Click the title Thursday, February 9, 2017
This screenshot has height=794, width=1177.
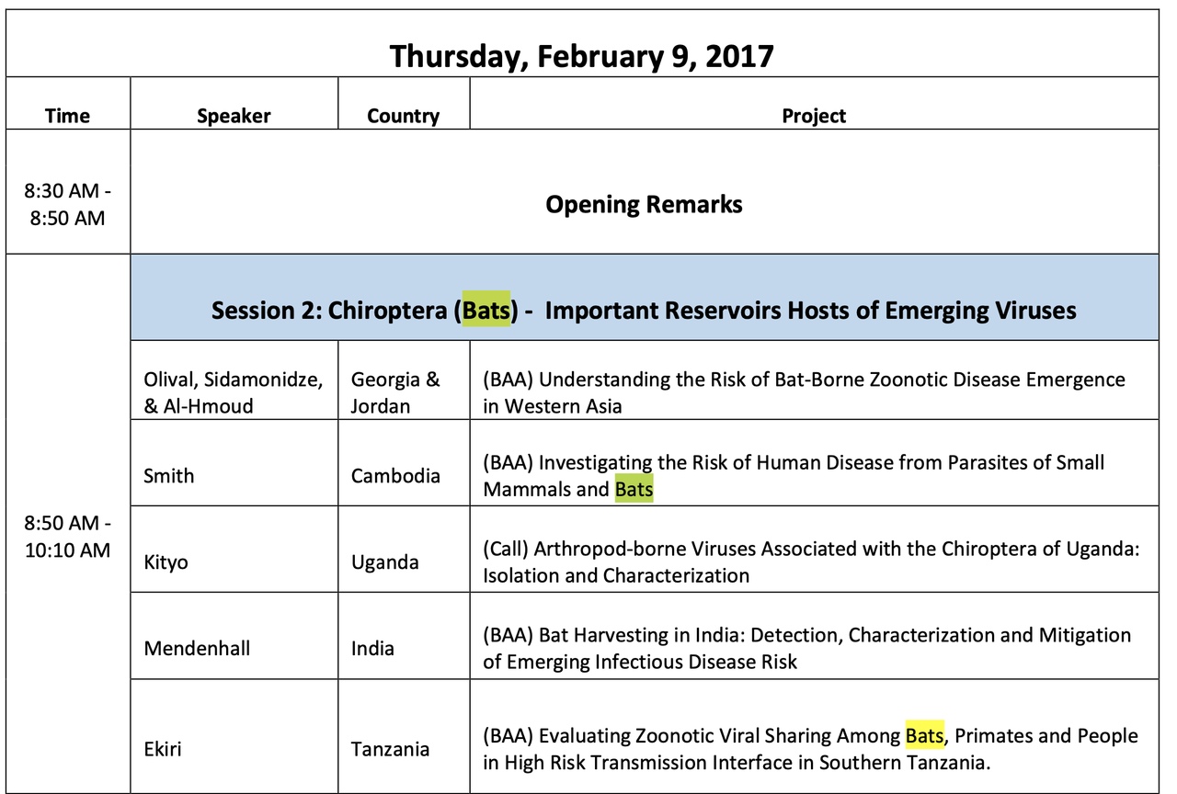click(581, 57)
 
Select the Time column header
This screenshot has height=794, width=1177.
click(67, 116)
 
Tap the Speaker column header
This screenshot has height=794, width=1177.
click(234, 116)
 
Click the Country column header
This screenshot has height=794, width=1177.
click(403, 116)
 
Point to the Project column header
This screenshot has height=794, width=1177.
click(814, 116)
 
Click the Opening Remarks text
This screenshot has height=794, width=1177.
click(644, 204)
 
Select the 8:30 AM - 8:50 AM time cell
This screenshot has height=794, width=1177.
click(67, 204)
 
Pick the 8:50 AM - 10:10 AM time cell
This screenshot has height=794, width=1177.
click(67, 536)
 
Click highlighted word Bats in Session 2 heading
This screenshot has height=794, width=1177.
click(486, 310)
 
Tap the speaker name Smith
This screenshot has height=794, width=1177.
click(168, 476)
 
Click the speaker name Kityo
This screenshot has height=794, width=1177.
click(166, 562)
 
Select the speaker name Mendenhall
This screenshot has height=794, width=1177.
click(197, 649)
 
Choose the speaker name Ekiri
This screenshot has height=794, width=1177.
click(163, 749)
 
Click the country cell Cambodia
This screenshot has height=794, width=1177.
click(395, 476)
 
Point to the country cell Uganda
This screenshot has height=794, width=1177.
click(384, 562)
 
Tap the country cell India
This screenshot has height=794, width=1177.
click(372, 649)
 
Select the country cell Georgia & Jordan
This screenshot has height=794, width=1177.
click(395, 392)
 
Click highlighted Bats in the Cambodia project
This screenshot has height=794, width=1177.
click(634, 489)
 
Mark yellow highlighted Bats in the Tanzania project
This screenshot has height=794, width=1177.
click(925, 736)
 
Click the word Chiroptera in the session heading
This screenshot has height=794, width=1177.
click(387, 311)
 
